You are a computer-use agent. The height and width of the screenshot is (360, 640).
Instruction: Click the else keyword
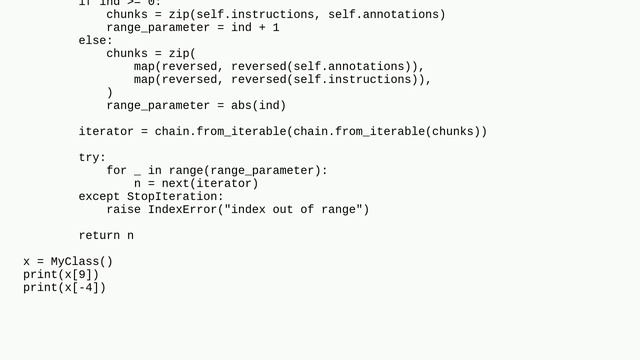pyautogui.click(x=92, y=41)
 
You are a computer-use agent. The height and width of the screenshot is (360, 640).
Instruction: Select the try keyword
pyautogui.click(x=89, y=158)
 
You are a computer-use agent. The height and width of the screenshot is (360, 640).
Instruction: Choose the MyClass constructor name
pyautogui.click(x=75, y=262)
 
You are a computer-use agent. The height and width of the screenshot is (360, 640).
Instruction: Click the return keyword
pyautogui.click(x=99, y=236)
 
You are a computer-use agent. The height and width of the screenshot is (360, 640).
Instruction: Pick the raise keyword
pyautogui.click(x=123, y=210)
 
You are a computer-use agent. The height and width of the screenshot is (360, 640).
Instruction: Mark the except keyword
pyautogui.click(x=99, y=197)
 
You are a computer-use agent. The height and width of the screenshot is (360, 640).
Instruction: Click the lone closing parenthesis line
pyautogui.click(x=110, y=93)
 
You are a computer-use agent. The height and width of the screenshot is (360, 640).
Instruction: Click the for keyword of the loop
pyautogui.click(x=116, y=171)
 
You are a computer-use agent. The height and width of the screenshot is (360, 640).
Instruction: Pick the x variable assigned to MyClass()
pyautogui.click(x=27, y=262)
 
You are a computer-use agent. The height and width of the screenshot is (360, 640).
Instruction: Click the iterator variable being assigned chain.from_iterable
pyautogui.click(x=106, y=132)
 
